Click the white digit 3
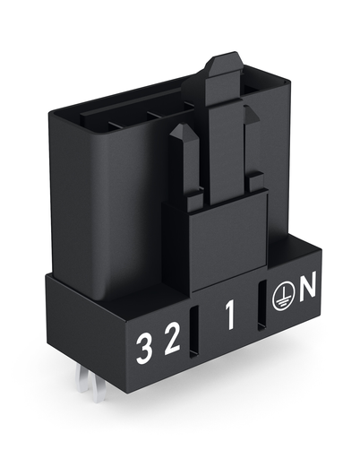tap(142, 349)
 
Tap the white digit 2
tap(173, 339)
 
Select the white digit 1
tap(230, 316)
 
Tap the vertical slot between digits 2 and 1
tap(194, 332)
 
